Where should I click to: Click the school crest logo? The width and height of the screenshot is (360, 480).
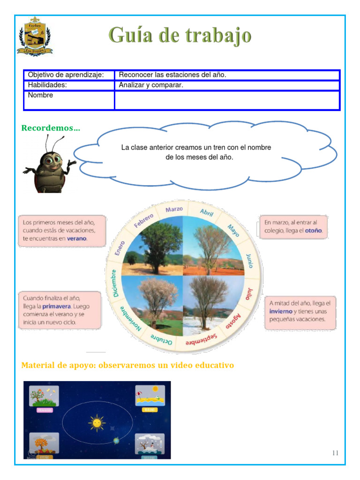point(35,36)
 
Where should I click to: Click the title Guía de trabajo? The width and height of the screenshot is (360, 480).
point(180,36)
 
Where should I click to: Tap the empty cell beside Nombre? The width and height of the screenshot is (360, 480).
point(227,100)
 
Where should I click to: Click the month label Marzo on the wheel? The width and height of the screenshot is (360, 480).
point(174,209)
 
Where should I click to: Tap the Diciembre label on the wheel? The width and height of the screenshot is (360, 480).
point(115,282)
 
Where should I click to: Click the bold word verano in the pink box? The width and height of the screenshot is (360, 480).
point(77,239)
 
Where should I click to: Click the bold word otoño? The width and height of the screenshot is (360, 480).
point(313,231)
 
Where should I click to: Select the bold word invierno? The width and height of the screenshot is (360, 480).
point(281,311)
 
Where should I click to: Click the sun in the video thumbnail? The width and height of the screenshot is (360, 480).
point(97,423)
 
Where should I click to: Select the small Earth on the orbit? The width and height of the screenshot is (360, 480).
point(116,440)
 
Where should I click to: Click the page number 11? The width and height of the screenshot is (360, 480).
point(335,453)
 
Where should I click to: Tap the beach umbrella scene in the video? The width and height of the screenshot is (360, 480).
point(150,397)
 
